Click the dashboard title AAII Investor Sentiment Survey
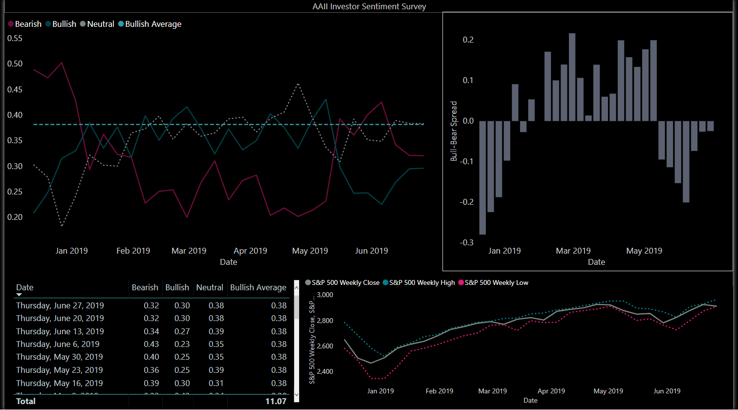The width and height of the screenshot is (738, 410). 369,6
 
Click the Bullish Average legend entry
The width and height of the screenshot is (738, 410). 153,24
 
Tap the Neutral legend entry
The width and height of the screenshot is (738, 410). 100,24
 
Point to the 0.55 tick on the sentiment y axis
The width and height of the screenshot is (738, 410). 15,38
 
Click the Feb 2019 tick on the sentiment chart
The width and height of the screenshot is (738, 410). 133,251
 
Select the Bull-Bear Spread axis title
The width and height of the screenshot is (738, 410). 454,131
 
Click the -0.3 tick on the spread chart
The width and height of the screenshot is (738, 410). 466,242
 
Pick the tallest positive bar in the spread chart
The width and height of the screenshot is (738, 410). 572,77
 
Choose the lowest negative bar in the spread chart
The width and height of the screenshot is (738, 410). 482,178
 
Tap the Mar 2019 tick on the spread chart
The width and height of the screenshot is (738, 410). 573,251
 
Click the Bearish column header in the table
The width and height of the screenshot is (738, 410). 145,287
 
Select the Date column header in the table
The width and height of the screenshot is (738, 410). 25,287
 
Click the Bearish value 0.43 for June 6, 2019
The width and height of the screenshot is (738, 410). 152,344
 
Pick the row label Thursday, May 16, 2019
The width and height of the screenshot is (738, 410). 60,383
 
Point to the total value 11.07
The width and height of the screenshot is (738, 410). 276,401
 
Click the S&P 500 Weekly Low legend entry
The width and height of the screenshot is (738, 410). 496,282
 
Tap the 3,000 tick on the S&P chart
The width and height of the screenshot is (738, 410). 325,295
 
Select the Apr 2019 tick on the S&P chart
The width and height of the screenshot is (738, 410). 551,391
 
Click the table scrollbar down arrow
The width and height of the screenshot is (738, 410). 296,394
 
